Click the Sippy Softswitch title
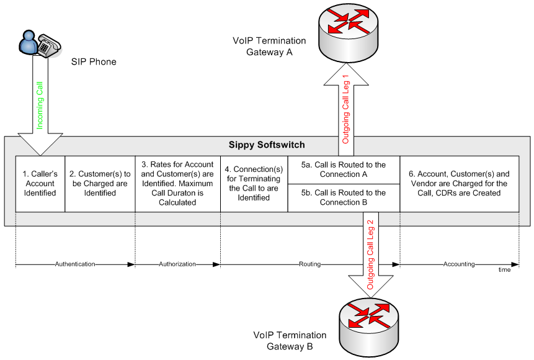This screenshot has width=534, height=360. coord(267,145)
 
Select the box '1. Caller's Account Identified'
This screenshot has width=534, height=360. coord(40,184)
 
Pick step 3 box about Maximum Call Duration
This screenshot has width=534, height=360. coord(177,184)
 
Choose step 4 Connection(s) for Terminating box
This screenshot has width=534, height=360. coord(254,184)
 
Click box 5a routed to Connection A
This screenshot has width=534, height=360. coord(344,169)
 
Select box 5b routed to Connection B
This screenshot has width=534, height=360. coord(344,197)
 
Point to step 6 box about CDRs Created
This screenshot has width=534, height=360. coord(459,184)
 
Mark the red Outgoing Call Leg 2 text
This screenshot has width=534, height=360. coord(371,255)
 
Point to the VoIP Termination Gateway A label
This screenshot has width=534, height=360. coord(269,47)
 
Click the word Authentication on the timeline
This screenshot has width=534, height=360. coord(74,264)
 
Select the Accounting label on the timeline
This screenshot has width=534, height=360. coord(459,264)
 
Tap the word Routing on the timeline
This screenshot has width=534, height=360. coord(309,264)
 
